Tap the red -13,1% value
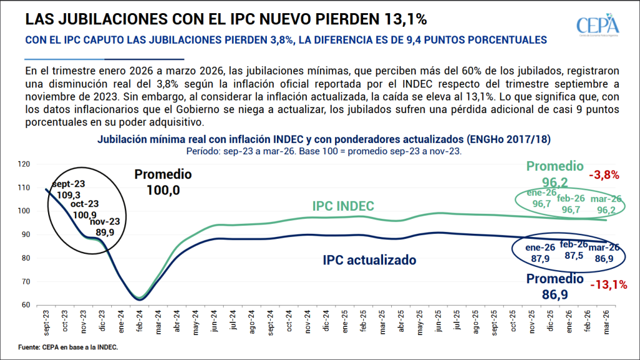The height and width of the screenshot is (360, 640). [x=607, y=285]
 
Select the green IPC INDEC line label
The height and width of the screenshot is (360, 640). [x=343, y=206]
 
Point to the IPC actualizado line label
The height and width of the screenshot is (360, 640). [x=369, y=259]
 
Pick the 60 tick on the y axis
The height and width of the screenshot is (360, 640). [x=26, y=305]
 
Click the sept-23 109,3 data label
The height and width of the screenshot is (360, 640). [x=68, y=189]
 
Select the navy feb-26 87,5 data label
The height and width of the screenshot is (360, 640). [x=572, y=251]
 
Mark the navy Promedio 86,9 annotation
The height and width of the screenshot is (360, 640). [x=555, y=286]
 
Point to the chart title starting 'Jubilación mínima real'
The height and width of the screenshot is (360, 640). [x=324, y=139]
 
